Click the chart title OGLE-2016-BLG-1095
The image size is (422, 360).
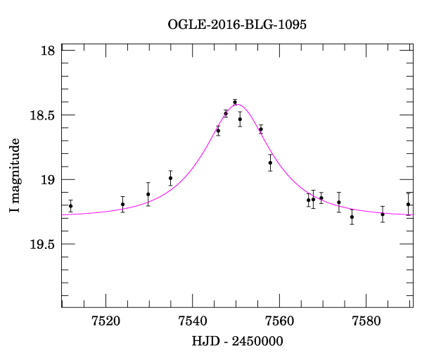coord(237,25)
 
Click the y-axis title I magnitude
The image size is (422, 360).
coord(15,176)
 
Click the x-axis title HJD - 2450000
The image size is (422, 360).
coord(237,341)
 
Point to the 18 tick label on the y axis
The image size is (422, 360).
coord(49,51)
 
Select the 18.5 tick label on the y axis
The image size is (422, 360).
coord(42,115)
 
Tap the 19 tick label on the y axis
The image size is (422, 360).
coord(49,180)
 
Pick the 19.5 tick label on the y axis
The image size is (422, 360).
coord(42,245)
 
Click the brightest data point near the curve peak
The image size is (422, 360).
coord(235,102)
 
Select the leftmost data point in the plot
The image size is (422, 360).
coord(70,206)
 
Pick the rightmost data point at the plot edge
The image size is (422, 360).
coord(408,205)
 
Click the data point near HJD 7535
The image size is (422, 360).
coord(170,178)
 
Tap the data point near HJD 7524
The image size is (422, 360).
coord(122,205)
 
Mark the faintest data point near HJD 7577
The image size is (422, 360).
coord(352,217)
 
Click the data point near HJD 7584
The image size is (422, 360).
coord(383,214)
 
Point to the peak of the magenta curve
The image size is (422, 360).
coord(238,105)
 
